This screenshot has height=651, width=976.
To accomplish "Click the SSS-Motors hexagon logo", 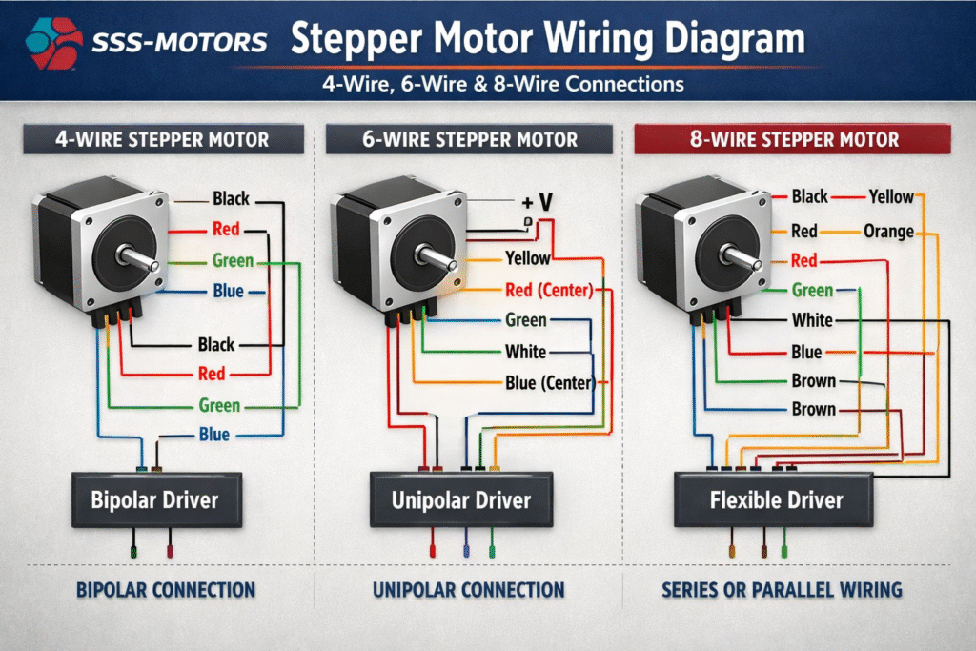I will click(x=55, y=42).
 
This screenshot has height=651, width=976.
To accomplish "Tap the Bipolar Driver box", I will click(x=154, y=499).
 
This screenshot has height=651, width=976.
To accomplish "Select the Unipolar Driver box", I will click(x=461, y=499).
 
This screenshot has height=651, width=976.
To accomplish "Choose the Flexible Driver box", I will click(x=777, y=499).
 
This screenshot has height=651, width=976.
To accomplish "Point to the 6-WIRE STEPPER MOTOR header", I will click(x=469, y=140).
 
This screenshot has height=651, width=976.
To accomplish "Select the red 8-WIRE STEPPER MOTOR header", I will click(x=794, y=140).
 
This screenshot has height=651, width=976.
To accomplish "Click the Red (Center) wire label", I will click(x=549, y=289).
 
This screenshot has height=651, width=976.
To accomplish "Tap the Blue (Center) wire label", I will click(x=549, y=383).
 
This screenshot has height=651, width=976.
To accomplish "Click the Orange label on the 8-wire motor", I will click(x=888, y=231).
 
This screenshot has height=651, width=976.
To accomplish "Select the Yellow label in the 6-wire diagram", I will click(x=528, y=257).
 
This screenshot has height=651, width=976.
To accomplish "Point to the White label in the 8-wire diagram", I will click(x=812, y=320).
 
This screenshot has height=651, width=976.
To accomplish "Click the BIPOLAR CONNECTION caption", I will click(x=166, y=590).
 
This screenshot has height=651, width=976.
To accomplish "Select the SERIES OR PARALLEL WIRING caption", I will click(x=782, y=590).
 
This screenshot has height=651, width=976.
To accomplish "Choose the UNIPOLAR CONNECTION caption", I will click(x=469, y=590).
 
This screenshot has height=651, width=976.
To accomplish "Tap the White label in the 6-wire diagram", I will click(x=525, y=352).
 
